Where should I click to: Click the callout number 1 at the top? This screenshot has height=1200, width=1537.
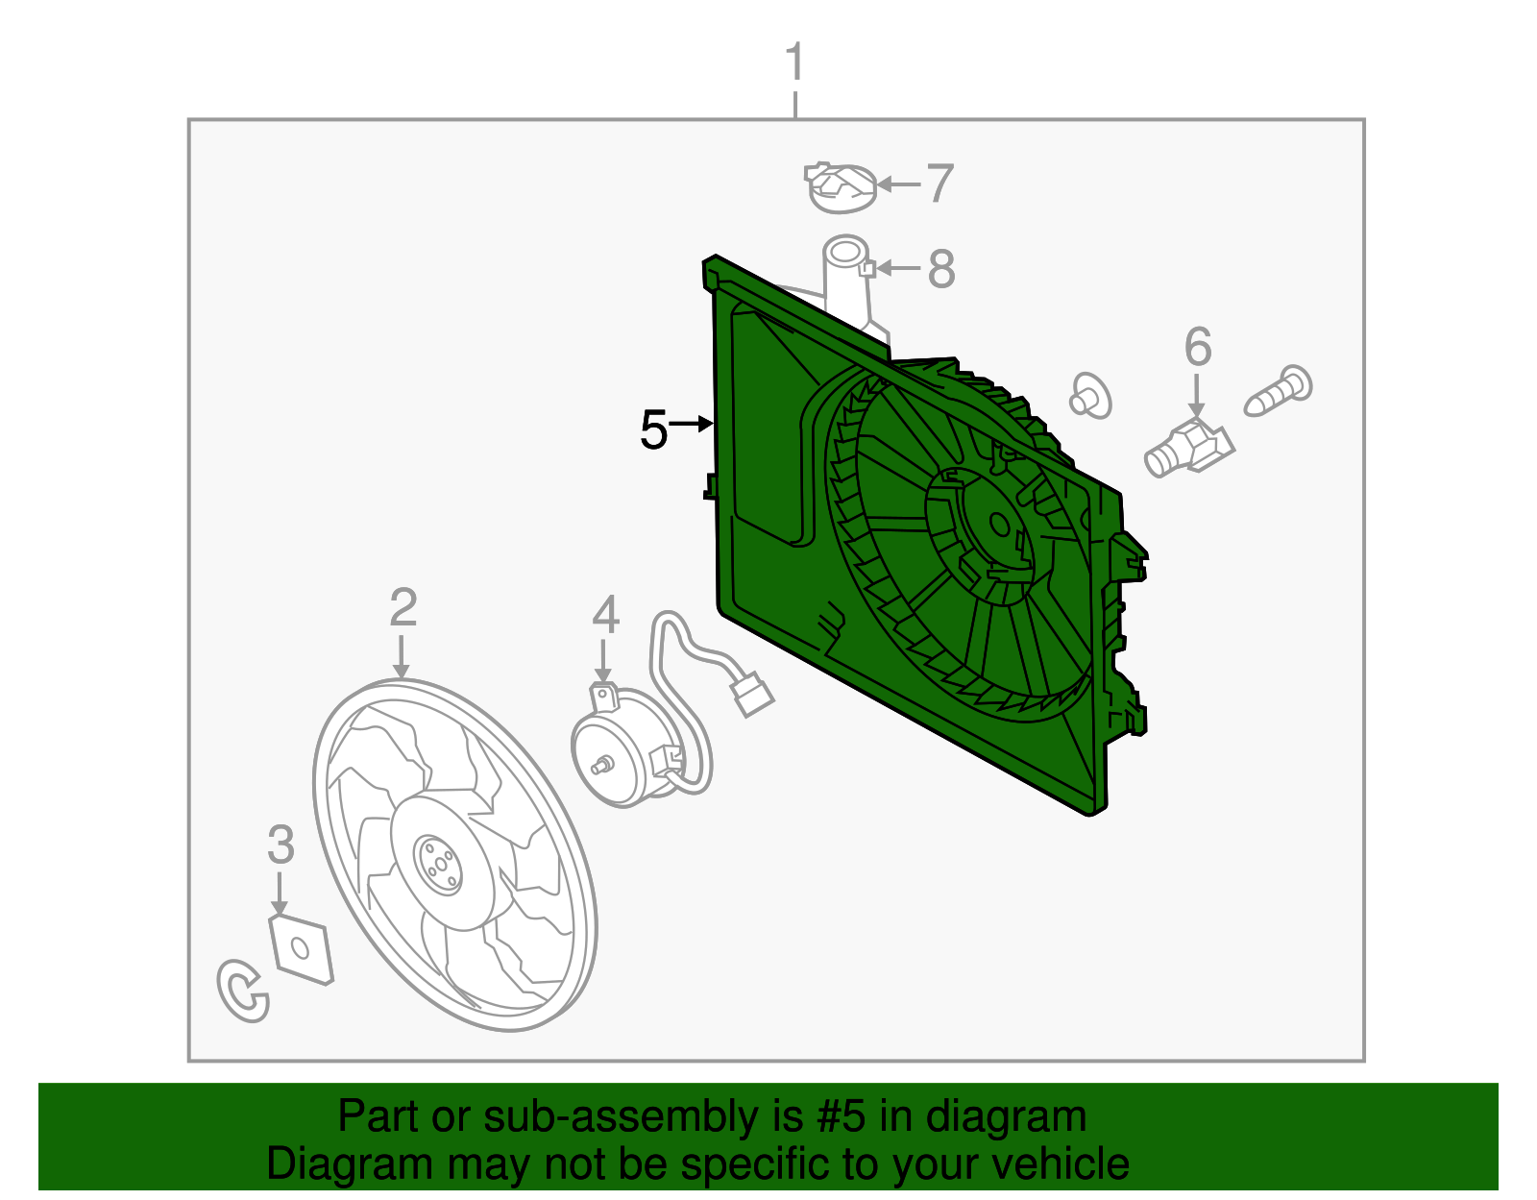coord(793,63)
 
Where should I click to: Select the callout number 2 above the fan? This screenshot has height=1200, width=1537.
coord(403,608)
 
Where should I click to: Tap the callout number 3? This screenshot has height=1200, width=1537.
coord(281,845)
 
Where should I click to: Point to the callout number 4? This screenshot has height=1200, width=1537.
coord(605,615)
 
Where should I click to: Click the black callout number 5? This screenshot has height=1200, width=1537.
coord(653,429)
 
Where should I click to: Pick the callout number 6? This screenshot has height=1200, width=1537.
coord(1198,347)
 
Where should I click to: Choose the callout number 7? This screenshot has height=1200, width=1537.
coord(940,184)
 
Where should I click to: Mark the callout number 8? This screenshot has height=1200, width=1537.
coord(941,269)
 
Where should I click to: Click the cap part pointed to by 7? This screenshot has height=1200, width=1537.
coord(841,187)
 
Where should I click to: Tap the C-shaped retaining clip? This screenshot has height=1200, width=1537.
coord(242,991)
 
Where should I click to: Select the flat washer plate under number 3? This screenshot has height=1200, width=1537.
coord(301,950)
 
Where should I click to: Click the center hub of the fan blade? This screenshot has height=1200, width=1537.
coord(438,860)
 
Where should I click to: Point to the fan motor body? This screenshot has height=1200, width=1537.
coord(620,749)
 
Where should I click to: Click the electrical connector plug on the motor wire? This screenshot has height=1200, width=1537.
coord(752,693)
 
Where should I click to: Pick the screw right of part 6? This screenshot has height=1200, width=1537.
coord(1279,391)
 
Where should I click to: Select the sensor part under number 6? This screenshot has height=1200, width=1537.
coord(1188,448)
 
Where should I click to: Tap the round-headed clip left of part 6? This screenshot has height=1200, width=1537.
coord(1090,395)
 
